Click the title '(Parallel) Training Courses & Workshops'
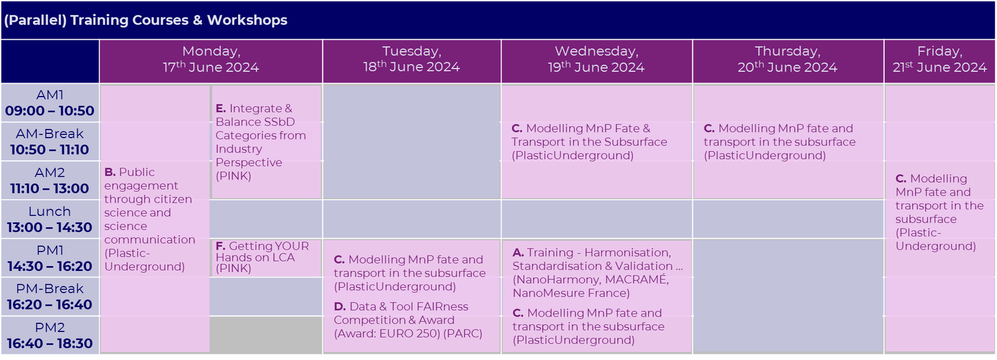[x=146, y=20]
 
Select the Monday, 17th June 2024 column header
[x=211, y=60]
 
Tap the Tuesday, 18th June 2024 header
[x=411, y=60]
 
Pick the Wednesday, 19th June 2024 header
[x=596, y=60]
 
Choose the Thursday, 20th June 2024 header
[x=788, y=60]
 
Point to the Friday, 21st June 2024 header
[x=939, y=60]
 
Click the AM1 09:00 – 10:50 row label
[x=50, y=103]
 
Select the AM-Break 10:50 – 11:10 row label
[x=50, y=142]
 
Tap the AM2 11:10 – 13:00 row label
[x=50, y=181]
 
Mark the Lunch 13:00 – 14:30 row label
[x=50, y=219]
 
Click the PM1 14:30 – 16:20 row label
[x=50, y=258]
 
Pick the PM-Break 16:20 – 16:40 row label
[x=50, y=297]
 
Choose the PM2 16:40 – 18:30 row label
[x=50, y=336]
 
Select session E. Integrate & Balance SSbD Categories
[x=260, y=142]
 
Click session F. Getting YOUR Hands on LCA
[x=262, y=257]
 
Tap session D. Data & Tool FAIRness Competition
[x=408, y=320]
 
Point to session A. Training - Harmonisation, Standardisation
[x=597, y=272]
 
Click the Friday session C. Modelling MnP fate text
[x=938, y=212]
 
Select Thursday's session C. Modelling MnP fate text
[x=780, y=142]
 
